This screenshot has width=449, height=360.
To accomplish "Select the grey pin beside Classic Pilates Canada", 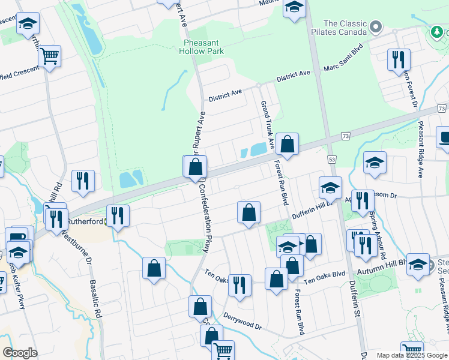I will (x=376, y=26).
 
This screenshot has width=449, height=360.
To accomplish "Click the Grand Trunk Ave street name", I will (x=267, y=125).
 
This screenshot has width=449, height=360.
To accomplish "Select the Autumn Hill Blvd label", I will (x=382, y=272).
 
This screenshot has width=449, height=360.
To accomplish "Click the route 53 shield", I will (x=332, y=159).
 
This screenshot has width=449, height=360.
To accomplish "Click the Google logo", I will (x=20, y=353).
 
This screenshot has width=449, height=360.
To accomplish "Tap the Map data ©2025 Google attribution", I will (x=411, y=355).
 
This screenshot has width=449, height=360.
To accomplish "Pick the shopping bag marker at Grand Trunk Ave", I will (x=288, y=144).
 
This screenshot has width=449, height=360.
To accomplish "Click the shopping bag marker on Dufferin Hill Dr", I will (x=249, y=212).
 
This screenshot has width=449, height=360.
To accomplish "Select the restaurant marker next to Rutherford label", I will (x=117, y=216).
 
